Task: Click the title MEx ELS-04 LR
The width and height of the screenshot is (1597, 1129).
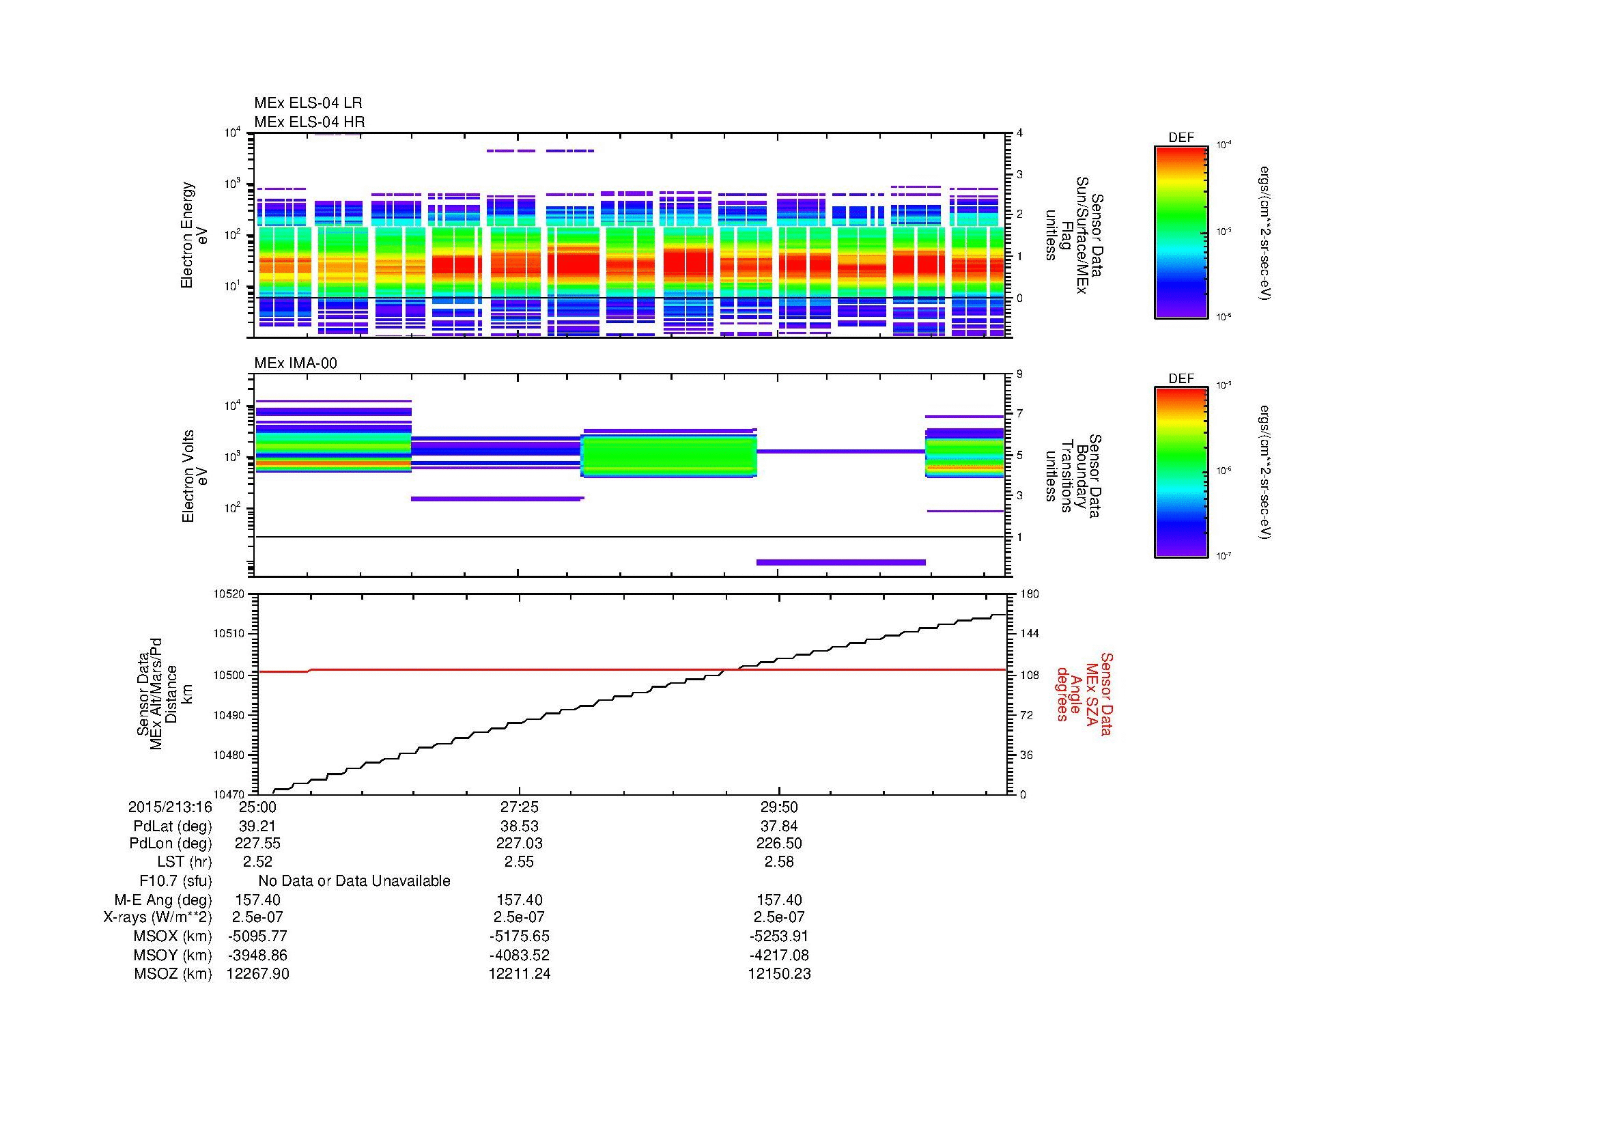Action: pos(308,103)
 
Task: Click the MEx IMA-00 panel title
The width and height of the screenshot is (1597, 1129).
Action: pos(296,363)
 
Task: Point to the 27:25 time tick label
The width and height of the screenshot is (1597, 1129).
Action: pos(519,807)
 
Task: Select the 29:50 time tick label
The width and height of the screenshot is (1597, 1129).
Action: pos(779,807)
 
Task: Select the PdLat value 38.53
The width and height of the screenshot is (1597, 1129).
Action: pos(519,826)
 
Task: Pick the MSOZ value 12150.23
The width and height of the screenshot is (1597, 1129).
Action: pos(779,974)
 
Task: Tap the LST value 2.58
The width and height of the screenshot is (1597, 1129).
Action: pos(779,862)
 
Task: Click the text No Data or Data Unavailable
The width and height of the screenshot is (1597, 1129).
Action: pos(354,881)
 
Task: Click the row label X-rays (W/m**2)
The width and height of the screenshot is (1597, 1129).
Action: pos(157,917)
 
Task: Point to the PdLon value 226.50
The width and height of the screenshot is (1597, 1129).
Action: pos(779,844)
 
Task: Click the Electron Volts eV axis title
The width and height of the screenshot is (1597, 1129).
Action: pos(195,476)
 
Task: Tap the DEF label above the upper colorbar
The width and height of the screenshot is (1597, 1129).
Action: pos(1181,138)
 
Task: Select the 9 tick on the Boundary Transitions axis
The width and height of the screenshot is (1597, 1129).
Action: pos(1019,374)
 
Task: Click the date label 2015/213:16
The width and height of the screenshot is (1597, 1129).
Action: pos(171,807)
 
